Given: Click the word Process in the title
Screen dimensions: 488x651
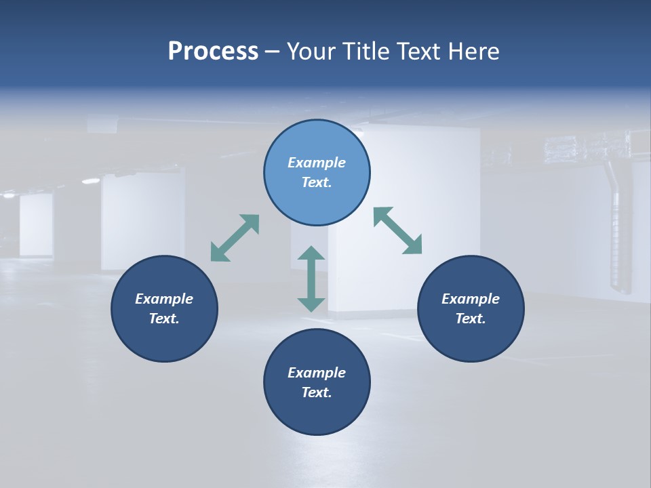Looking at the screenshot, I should pos(213,52).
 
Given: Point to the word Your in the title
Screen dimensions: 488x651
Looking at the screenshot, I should pos(311,52).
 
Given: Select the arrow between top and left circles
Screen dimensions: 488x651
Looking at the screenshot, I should pos(235,238).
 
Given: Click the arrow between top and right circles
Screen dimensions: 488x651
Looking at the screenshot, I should pos(398,231).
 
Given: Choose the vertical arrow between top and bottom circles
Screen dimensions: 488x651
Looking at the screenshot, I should pos(311,279).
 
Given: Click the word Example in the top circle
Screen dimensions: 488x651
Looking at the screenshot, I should pos(317,163).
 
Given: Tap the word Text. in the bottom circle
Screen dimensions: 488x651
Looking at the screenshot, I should pos(317,392).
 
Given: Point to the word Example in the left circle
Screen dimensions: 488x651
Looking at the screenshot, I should pos(164,299).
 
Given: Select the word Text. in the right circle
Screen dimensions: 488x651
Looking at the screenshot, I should pos(471,319).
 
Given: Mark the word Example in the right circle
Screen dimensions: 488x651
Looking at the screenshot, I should pos(471,299).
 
